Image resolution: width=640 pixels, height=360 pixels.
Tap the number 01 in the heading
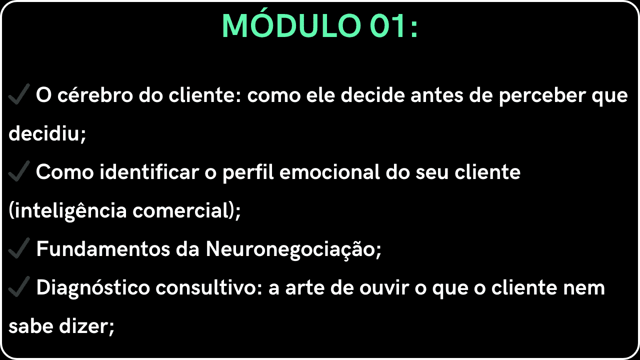tap(387, 26)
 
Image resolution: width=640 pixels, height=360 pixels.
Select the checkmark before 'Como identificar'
tap(19, 171)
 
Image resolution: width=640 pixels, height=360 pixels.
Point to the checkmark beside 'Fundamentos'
tap(19, 247)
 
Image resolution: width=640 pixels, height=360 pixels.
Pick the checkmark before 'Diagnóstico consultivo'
tap(19, 286)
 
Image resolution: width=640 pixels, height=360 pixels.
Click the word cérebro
tap(95, 95)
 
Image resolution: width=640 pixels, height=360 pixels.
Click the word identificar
tap(149, 171)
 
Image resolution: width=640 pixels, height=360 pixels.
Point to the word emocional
tap(329, 171)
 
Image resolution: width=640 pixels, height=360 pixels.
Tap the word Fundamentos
tap(103, 248)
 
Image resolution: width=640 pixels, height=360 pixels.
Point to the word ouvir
tap(384, 287)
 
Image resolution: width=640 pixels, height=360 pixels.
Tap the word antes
tap(437, 95)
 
